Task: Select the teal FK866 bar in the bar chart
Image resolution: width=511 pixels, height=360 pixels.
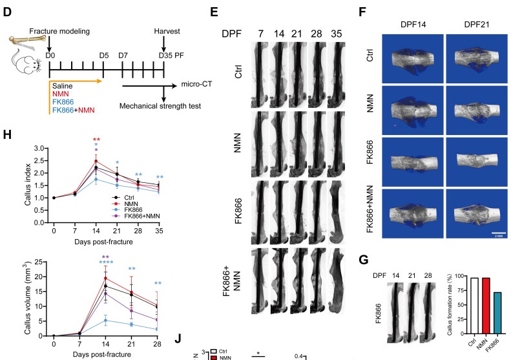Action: (495, 313)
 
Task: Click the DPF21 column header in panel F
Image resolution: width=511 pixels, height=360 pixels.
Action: (475, 23)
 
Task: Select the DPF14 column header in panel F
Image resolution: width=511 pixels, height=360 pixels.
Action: (411, 23)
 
